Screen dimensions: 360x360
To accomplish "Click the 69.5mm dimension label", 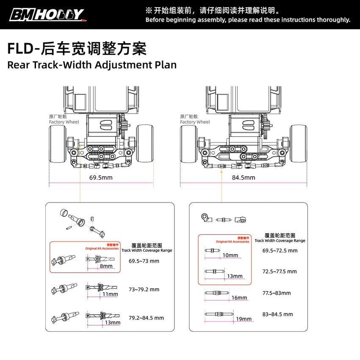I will [101, 177].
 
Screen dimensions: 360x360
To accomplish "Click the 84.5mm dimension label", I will [244, 177].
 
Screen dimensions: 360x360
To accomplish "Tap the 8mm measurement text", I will [106, 266].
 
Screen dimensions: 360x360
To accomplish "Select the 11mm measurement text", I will [110, 294].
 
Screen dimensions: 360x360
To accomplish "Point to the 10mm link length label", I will [230, 255].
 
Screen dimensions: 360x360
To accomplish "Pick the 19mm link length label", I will [244, 319].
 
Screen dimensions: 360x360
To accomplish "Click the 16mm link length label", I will [239, 298].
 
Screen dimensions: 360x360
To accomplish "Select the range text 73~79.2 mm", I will [144, 290].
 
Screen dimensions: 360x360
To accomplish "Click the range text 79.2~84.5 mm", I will [146, 318].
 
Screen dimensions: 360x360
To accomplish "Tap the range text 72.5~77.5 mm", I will [280, 271].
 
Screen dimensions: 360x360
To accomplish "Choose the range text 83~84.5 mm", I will [278, 314].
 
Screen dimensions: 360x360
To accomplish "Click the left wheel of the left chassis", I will [58, 144].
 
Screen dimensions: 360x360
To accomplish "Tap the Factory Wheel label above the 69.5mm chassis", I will [64, 122].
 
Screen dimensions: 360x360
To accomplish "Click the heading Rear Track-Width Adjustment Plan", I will [92, 65].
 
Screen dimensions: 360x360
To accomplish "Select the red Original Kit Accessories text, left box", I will [102, 249].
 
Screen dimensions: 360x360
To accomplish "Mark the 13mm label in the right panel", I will [235, 276].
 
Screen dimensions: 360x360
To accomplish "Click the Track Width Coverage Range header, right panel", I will [280, 241].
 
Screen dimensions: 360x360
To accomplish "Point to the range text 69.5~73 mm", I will [144, 261].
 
